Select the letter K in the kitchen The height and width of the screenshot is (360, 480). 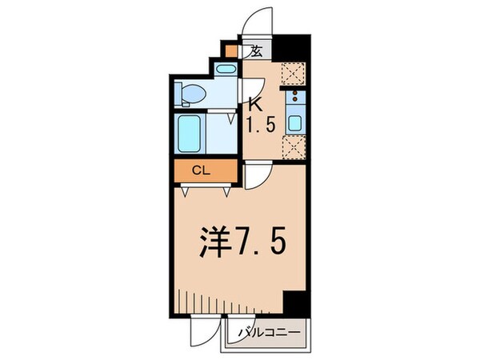pyautogui.click(x=256, y=102)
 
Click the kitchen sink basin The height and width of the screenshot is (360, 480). pyautogui.click(x=294, y=123)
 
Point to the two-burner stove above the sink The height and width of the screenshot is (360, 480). pyautogui.click(x=294, y=100)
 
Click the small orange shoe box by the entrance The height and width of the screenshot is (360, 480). pyautogui.click(x=232, y=52)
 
